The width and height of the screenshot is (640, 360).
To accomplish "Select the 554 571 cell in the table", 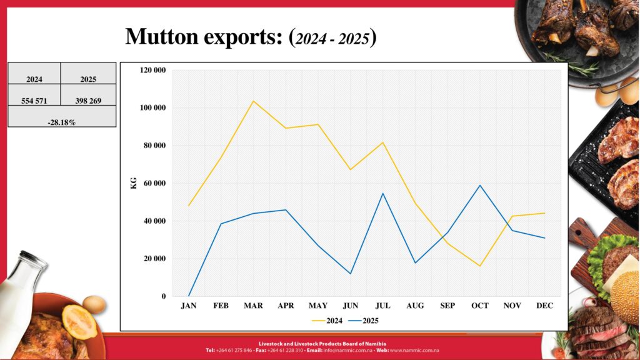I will [34, 100].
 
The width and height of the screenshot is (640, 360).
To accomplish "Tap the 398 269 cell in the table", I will [88, 100].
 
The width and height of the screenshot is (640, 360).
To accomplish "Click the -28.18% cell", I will [62, 122].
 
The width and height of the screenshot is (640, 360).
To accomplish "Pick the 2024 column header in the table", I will [34, 79].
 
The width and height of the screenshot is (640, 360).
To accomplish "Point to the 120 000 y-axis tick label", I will [152, 70].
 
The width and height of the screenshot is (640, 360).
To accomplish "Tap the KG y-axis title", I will [133, 183].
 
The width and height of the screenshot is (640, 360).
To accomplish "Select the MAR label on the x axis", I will [253, 306].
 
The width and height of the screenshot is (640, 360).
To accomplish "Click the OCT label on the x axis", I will [480, 306].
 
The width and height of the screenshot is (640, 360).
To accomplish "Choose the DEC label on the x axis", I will [545, 306].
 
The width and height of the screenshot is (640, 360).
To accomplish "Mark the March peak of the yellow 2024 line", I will [254, 101].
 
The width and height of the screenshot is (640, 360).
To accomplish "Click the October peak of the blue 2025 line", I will [480, 185].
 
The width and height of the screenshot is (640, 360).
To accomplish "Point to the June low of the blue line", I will [351, 274].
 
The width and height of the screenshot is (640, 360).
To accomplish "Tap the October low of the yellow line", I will [480, 266].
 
